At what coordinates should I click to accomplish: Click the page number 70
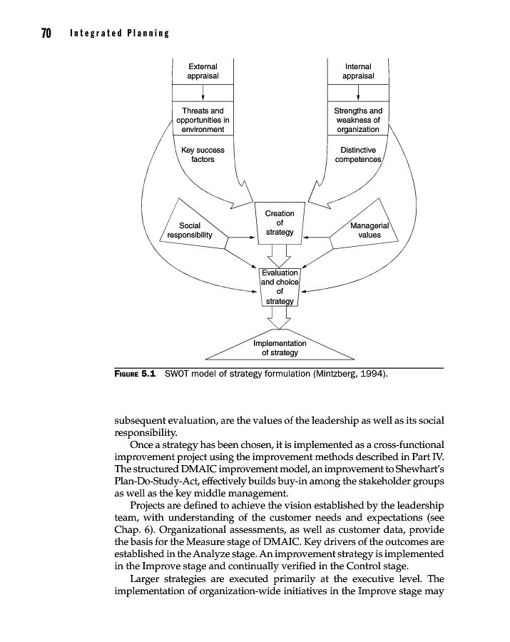point(44,34)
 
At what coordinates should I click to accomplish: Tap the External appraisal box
point(203,71)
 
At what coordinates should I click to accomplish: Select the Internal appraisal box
point(358,71)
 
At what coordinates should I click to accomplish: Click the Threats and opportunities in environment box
point(203,120)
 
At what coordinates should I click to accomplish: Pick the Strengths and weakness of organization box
point(358,120)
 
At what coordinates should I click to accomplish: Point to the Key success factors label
point(203,155)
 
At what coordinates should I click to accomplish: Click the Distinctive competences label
point(358,155)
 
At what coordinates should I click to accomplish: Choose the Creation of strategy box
point(280,223)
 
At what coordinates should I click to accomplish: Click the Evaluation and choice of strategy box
point(280,286)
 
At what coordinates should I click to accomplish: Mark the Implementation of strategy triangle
point(280,347)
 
